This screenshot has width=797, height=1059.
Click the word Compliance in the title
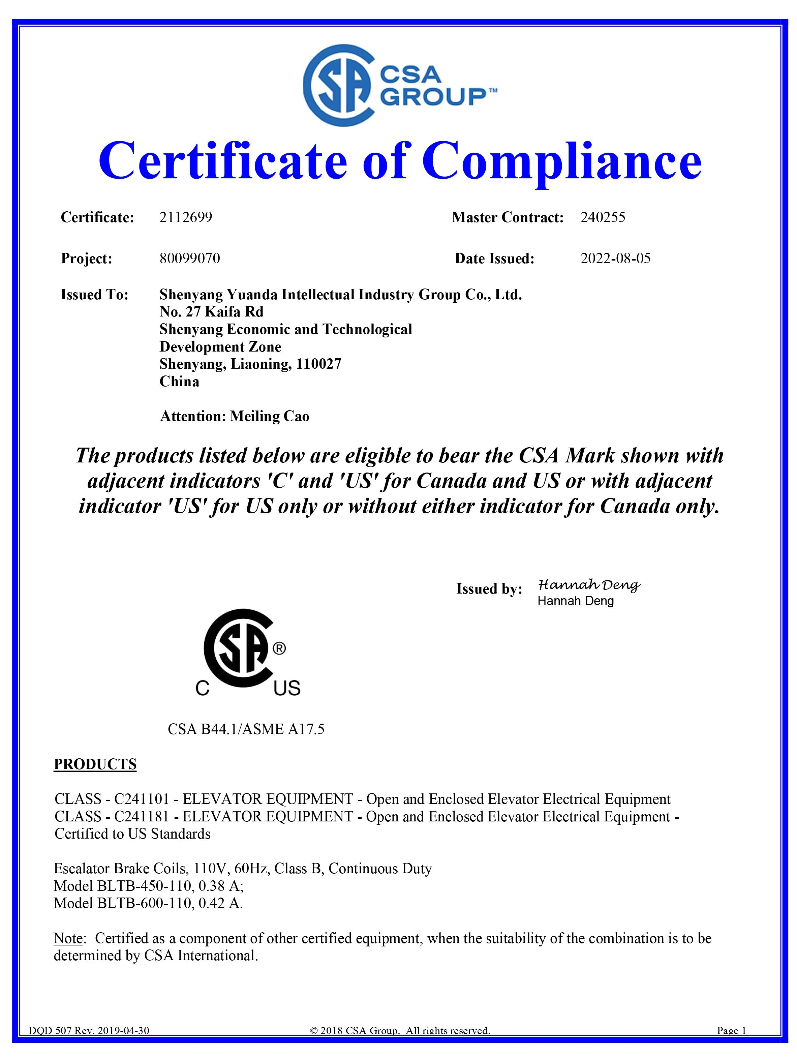(561, 160)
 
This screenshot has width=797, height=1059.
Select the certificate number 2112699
(185, 217)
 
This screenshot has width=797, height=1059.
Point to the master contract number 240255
(603, 217)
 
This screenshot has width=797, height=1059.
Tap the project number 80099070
(189, 259)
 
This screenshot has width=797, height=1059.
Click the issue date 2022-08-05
(615, 259)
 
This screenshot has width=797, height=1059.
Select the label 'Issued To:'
(94, 295)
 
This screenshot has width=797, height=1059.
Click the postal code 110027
(318, 364)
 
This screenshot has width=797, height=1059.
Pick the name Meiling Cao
(270, 416)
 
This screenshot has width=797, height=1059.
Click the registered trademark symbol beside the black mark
(279, 649)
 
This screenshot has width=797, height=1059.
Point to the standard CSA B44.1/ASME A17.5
(246, 729)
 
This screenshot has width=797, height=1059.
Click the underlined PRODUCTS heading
(95, 764)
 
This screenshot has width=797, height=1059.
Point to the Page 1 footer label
(731, 1044)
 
